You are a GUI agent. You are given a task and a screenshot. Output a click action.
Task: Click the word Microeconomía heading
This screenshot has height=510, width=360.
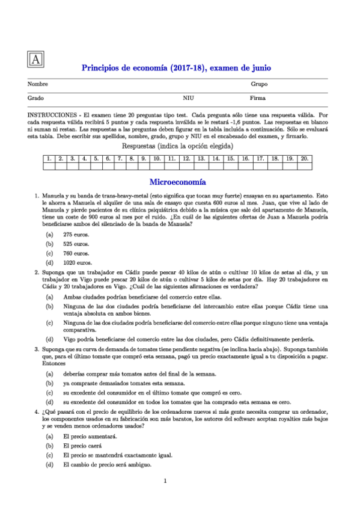[x=177, y=181]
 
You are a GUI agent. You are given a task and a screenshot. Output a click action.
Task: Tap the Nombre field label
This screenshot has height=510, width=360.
[x=38, y=85]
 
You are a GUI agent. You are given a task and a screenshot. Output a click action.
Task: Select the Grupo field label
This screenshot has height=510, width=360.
[x=259, y=85]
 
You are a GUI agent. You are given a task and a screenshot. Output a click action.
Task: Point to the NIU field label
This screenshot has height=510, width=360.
[x=188, y=97]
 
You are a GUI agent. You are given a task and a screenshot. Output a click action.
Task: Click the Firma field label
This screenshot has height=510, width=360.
[x=257, y=97]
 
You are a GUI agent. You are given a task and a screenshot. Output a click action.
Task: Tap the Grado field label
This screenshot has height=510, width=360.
[x=36, y=97]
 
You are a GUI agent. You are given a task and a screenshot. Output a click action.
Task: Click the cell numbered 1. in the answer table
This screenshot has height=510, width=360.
[x=48, y=159]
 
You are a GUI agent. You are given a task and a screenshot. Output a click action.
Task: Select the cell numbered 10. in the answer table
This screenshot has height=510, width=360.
[x=155, y=159]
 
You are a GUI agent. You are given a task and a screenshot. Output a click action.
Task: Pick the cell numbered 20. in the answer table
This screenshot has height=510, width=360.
[x=304, y=159]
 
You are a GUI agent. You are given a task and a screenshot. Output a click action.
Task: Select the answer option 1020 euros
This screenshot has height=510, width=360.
[x=78, y=263]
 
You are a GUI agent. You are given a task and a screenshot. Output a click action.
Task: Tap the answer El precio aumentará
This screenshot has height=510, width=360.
[x=90, y=436]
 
